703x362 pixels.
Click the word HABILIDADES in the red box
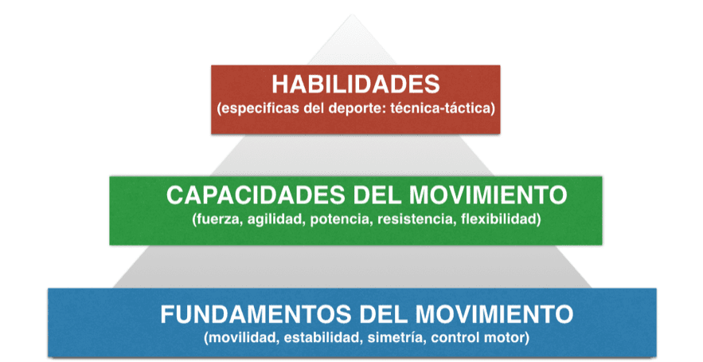pos(356,85)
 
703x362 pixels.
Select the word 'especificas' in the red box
pos(256,109)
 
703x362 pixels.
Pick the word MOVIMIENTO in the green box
pos(488,195)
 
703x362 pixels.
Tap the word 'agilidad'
pos(275,220)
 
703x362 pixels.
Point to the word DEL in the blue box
pos(383,314)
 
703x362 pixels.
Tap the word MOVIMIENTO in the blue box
pos(494,314)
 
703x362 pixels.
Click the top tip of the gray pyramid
pos(353,14)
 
